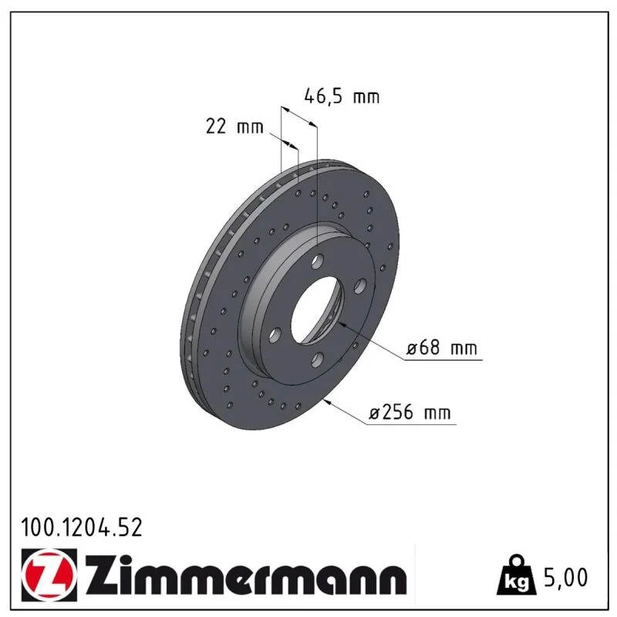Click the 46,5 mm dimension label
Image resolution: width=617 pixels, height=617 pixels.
tap(342, 96)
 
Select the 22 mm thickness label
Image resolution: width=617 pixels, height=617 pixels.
tap(234, 126)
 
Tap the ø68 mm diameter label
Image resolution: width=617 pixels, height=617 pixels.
tap(441, 348)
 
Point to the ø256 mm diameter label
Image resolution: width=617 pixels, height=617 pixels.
tap(410, 413)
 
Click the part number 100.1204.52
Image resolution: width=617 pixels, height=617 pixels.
tap(82, 528)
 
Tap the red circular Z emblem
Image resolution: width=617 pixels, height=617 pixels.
tap(49, 575)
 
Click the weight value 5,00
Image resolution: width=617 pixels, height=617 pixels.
tap(565, 577)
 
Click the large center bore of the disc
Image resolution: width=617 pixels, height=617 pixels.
tap(317, 309)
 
